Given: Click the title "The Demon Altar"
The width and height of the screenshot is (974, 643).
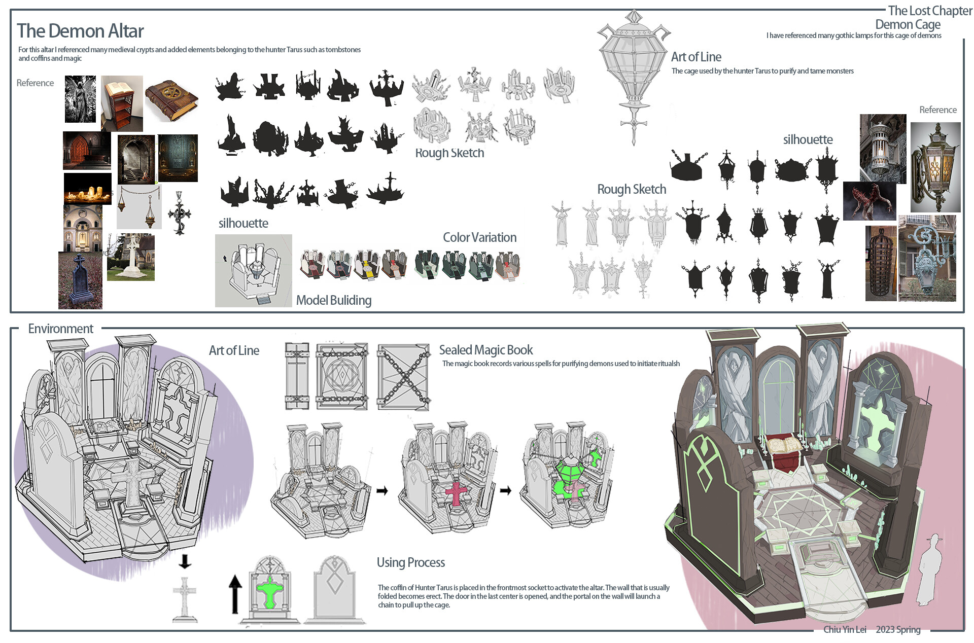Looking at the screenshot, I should [x=80, y=31].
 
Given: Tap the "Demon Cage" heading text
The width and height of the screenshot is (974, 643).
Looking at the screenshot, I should [x=908, y=24].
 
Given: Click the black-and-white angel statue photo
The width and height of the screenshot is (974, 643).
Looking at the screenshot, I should [x=80, y=99].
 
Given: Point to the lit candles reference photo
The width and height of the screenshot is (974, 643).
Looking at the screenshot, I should [x=88, y=189].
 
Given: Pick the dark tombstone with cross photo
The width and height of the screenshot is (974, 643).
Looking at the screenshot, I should [x=80, y=281].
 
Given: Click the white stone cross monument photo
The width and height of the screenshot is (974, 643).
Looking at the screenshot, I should [x=131, y=258].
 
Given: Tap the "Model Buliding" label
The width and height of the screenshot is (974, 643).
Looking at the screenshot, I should [x=333, y=300].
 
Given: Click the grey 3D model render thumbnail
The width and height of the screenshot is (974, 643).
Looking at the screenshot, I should [x=253, y=270].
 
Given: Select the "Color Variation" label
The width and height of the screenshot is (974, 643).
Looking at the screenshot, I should [x=479, y=237].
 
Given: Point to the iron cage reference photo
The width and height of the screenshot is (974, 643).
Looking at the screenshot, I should [x=881, y=264].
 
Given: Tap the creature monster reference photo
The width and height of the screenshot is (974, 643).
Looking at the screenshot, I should [x=869, y=201].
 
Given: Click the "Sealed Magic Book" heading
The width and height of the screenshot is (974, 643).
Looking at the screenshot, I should [x=485, y=350].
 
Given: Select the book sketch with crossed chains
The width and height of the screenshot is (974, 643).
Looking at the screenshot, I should [x=404, y=377].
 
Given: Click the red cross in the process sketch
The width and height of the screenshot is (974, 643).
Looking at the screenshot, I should [x=456, y=493].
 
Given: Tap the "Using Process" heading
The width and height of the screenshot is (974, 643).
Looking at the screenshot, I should [x=410, y=562].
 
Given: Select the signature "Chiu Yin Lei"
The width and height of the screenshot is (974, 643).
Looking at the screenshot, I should [x=844, y=629].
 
